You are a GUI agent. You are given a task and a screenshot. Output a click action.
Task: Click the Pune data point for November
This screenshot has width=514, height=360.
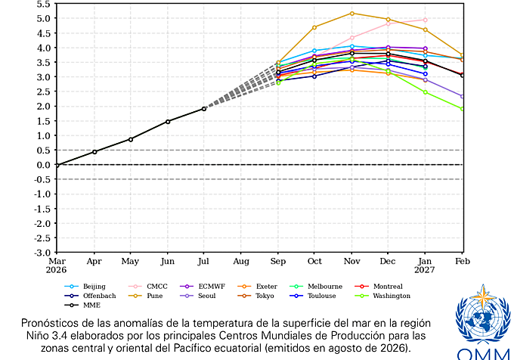coord(351,14)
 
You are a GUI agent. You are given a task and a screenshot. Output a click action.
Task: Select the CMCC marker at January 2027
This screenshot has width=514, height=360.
coord(425,20)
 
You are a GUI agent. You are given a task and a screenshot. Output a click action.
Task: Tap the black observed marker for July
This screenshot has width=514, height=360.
coord(204,109)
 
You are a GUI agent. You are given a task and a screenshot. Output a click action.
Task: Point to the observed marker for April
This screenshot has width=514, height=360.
coord(94,152)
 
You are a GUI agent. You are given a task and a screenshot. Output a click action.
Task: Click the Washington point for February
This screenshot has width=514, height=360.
coord(463,109)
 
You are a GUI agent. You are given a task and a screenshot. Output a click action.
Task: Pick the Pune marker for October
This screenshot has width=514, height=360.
coord(314,27)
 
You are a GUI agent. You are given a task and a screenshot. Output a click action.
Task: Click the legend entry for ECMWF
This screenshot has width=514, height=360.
coord(203,287)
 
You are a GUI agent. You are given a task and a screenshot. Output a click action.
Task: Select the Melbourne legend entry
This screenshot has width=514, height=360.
coord(316,287)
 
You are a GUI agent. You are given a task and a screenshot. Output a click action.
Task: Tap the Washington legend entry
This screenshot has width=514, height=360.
coord(382,296)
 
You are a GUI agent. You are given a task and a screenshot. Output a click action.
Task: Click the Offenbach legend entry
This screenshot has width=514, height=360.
coord(90,296)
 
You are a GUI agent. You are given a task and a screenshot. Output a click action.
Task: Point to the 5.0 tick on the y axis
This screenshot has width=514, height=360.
coord(44,18)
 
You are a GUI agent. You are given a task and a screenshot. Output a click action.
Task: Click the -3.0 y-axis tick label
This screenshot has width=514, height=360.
coord(42,253)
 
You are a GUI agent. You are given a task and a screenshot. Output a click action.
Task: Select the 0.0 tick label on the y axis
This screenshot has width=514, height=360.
coord(44,165)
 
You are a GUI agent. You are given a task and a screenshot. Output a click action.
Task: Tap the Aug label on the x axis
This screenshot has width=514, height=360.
coord(241,262)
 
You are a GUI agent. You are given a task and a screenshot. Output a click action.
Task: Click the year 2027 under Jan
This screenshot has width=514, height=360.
coord(425,270)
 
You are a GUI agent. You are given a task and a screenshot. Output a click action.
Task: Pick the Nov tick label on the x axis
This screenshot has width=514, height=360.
coord(351,262)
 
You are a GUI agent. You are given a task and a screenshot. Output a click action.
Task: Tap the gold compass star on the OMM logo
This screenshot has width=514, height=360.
coord(483,297)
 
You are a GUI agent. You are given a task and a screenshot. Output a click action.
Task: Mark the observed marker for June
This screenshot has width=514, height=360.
coord(168,122)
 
